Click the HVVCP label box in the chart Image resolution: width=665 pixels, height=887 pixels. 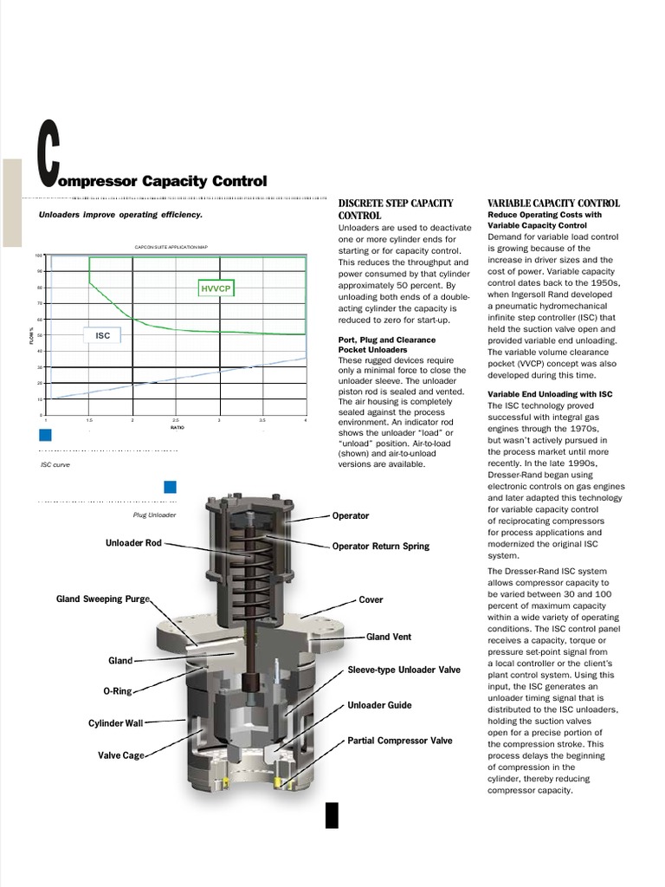216,288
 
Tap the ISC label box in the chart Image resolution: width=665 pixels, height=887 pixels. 102,335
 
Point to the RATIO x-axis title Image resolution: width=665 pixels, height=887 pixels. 177,428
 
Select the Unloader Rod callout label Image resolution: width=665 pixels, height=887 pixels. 133,543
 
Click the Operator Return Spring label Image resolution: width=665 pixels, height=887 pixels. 380,547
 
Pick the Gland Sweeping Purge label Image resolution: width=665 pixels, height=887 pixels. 103,599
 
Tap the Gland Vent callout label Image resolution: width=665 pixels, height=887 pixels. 389,637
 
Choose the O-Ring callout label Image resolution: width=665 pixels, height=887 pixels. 118,692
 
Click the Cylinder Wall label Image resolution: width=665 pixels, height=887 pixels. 115,722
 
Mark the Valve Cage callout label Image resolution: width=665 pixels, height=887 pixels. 120,755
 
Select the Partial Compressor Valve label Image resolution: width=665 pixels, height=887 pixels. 399,741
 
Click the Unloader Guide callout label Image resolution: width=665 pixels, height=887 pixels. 379,705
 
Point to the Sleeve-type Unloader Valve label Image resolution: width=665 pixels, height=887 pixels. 404,670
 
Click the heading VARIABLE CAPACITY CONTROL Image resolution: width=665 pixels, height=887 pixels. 553,204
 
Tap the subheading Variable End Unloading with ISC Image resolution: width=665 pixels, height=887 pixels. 550,394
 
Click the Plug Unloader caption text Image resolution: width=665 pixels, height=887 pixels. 155,515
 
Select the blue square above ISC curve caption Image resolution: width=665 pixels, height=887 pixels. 45,435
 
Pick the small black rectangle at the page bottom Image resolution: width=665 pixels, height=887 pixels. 332,815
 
